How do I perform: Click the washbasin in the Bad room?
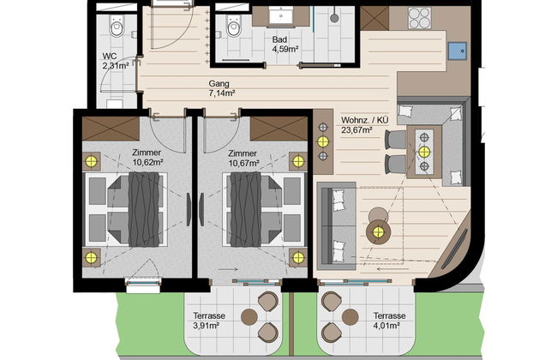point(283,16)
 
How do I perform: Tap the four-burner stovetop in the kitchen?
point(419,17)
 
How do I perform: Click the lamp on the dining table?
point(423,152)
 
